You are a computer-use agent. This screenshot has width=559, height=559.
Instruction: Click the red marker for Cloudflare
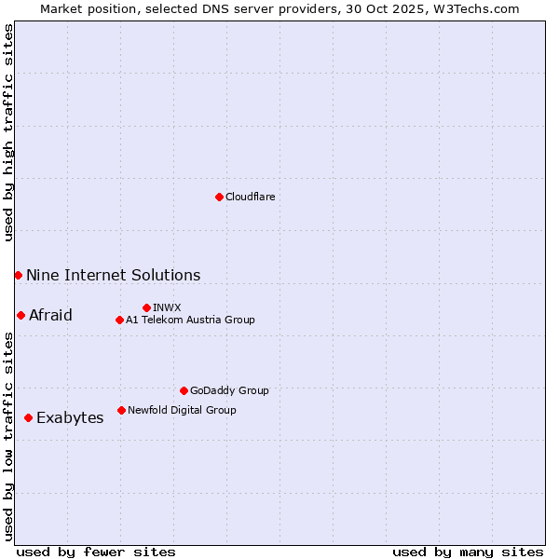(x=219, y=197)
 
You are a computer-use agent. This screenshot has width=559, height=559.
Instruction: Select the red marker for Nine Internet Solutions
(x=18, y=275)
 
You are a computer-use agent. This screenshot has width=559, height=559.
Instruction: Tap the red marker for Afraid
(x=20, y=315)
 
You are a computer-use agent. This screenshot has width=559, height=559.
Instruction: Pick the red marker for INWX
(x=146, y=307)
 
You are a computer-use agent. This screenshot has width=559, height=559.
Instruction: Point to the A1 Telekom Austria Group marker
(x=119, y=320)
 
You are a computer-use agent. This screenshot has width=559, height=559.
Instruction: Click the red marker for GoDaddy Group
(x=184, y=390)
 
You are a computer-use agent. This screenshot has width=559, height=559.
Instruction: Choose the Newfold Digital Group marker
(x=121, y=410)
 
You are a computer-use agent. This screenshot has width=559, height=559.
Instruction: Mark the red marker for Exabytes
(x=28, y=417)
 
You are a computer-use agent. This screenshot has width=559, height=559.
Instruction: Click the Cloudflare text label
(x=250, y=197)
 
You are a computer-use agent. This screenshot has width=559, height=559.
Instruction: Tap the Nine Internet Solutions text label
(x=113, y=275)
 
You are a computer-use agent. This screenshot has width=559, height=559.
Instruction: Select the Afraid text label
(x=50, y=315)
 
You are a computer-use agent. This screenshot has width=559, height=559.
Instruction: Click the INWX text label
(x=167, y=307)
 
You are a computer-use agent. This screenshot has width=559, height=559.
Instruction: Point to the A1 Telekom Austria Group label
(x=190, y=320)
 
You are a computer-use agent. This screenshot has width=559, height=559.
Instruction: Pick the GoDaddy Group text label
(x=229, y=390)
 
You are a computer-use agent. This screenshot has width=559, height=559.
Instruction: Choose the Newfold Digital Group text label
(x=182, y=410)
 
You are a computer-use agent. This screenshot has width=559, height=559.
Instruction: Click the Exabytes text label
(x=70, y=417)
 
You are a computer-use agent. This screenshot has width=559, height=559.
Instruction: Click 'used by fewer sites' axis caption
(x=96, y=552)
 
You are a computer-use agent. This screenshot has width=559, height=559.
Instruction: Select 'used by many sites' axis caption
(x=468, y=552)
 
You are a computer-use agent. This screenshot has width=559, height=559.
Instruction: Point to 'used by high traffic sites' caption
(x=8, y=132)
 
